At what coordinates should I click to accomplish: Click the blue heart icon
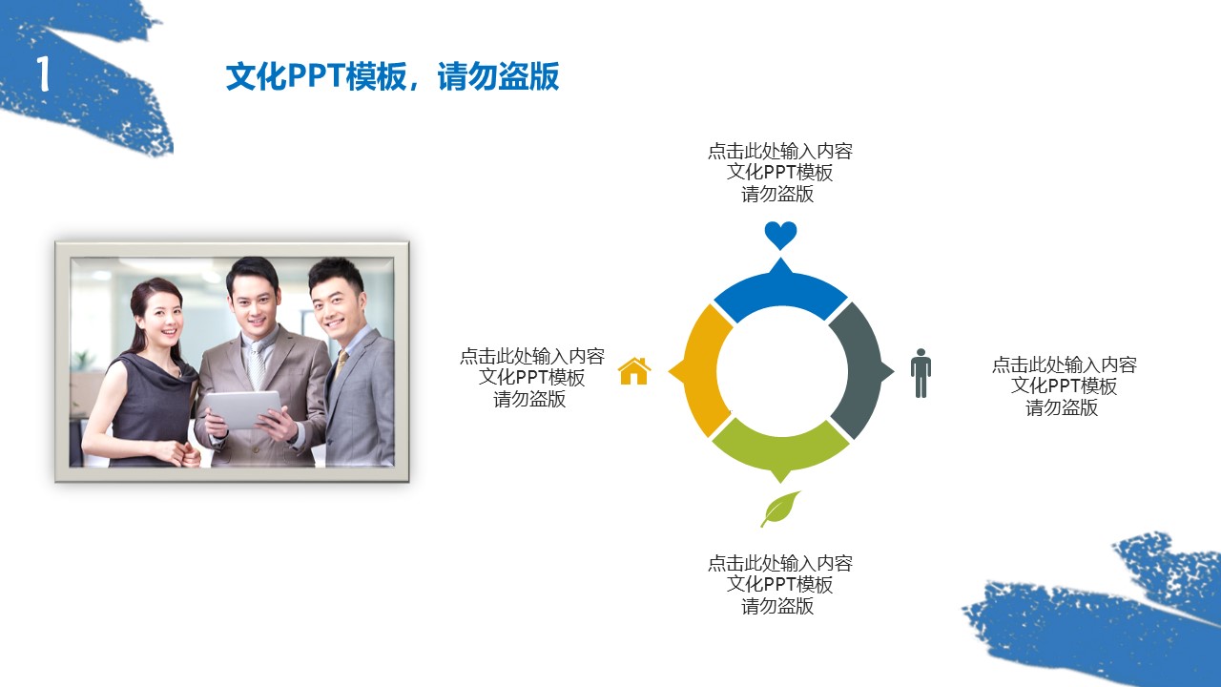click(x=780, y=235)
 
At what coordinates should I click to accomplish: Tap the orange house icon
click(x=634, y=371)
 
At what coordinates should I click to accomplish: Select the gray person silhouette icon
click(x=921, y=372)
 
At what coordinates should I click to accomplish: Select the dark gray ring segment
click(x=858, y=370)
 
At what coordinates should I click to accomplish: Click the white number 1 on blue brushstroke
click(x=43, y=73)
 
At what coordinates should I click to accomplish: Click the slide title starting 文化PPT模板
click(x=392, y=76)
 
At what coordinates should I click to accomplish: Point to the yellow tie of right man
click(x=341, y=363)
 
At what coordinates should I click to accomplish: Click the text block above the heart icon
click(x=779, y=173)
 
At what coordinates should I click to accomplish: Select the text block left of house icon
click(x=531, y=378)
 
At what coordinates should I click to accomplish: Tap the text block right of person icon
click(x=1064, y=386)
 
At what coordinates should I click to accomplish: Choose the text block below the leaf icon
click(x=779, y=584)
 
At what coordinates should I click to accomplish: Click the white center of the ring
click(x=780, y=371)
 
